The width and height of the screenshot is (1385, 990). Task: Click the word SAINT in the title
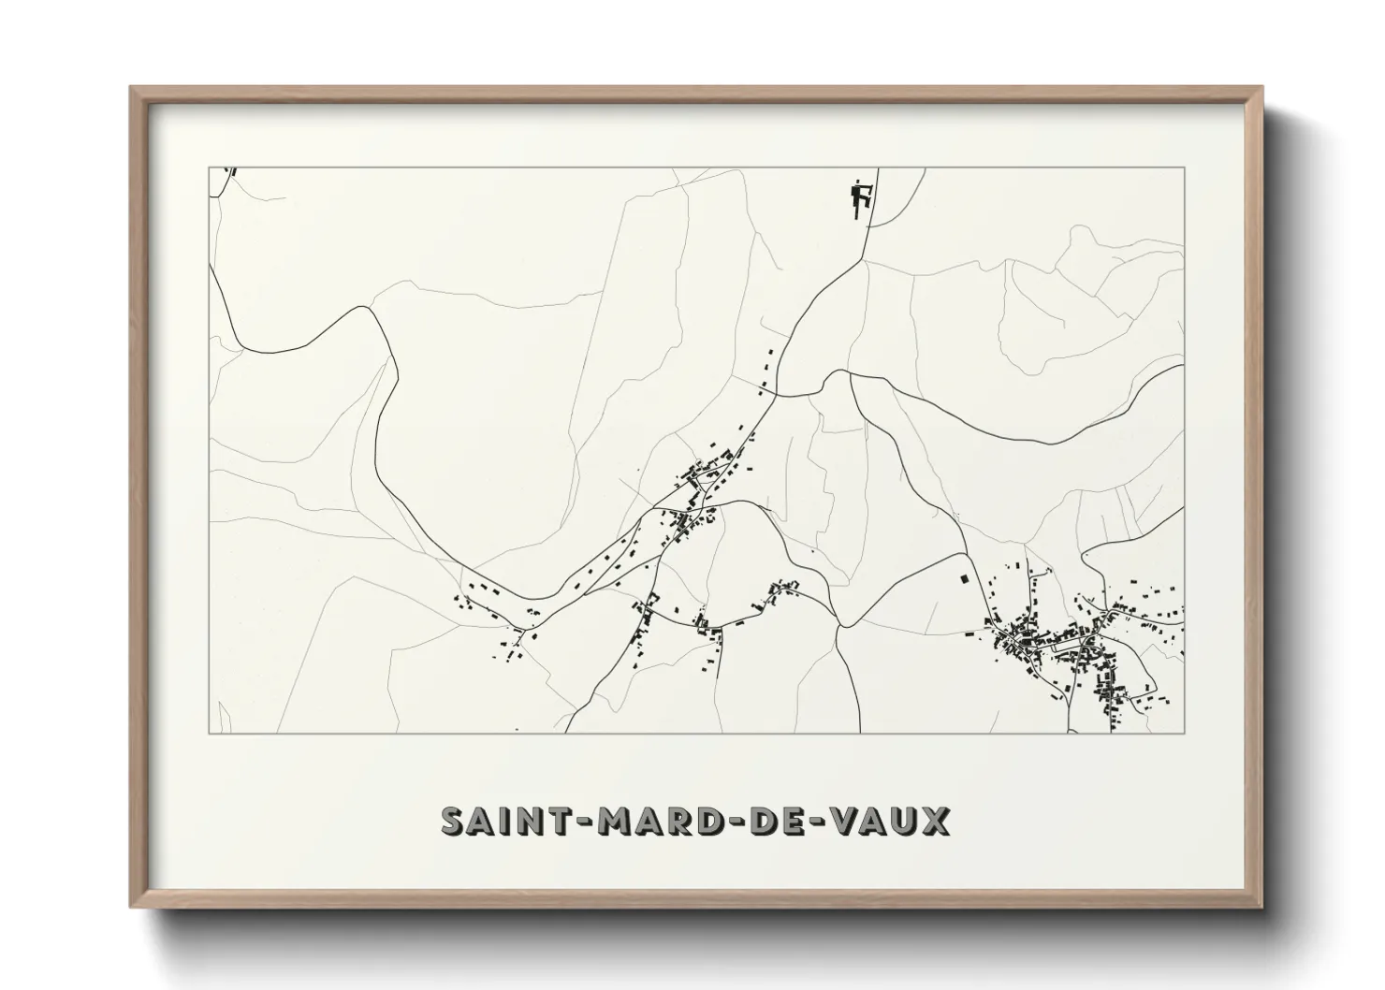[492, 821]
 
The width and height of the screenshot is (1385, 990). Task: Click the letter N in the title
[511, 821]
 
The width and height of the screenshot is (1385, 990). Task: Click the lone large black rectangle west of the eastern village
[961, 578]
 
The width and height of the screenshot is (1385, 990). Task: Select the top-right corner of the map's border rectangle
[1185, 167]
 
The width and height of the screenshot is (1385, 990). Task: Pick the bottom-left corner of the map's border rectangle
[208, 733]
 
